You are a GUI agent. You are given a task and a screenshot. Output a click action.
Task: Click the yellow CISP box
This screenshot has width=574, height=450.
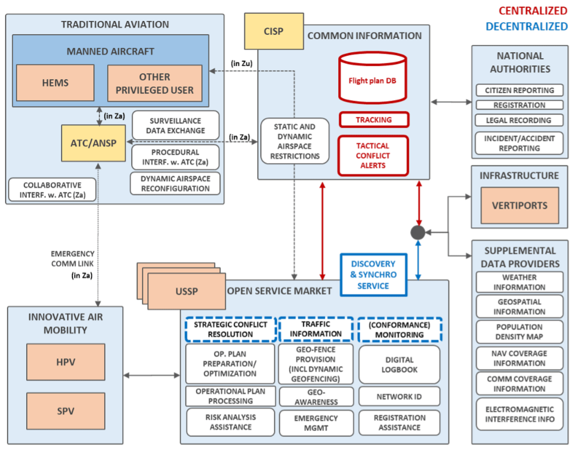274,31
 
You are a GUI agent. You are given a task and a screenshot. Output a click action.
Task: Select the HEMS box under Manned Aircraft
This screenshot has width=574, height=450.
55,83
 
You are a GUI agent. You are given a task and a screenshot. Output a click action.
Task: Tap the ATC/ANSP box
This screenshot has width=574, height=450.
93,143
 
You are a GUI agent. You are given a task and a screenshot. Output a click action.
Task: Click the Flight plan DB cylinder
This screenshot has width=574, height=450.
372,78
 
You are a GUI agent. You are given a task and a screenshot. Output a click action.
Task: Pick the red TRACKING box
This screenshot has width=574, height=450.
374,120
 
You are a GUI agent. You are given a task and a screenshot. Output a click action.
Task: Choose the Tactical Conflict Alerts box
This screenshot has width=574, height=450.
373,155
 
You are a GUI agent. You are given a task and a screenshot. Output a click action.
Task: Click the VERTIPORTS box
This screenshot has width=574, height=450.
520,205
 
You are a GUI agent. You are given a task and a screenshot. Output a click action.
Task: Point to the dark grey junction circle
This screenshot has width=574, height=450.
418,232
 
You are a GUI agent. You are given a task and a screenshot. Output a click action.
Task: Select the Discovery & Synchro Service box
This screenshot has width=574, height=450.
373,275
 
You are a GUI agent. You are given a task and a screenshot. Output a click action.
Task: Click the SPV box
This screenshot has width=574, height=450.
66,411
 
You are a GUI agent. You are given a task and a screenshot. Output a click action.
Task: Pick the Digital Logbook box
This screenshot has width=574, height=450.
399,365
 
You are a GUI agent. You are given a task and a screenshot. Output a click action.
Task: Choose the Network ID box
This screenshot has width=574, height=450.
399,396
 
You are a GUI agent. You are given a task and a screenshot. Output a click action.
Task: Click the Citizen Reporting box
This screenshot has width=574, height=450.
520,90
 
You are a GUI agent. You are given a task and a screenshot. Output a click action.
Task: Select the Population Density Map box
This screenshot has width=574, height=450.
520,332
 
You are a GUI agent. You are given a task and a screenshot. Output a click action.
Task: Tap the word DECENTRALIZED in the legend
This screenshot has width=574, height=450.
527,26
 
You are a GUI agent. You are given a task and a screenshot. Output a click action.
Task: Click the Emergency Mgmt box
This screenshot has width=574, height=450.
316,423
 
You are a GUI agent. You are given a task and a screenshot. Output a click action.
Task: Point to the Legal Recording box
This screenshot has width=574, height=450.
519,120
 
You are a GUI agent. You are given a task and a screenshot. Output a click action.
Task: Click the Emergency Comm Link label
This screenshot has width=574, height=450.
72,259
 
